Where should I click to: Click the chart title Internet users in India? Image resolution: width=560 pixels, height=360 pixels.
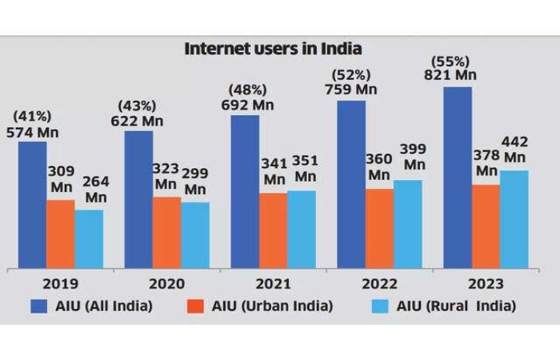coord(274,48)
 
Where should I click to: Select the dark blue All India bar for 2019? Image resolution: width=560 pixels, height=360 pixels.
coord(32,205)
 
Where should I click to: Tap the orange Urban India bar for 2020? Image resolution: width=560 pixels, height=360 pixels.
coord(166,232)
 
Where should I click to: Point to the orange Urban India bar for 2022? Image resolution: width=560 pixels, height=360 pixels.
coord(378,228)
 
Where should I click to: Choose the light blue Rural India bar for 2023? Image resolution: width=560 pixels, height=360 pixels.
coord(514,219)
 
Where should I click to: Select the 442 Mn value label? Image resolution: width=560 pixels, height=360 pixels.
coord(514,150)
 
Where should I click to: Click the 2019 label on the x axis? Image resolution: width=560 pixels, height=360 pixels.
coord(60,283)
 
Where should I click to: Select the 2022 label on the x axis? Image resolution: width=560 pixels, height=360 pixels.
coord(379,283)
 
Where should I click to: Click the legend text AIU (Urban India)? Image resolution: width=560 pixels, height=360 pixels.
coord(270,305)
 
